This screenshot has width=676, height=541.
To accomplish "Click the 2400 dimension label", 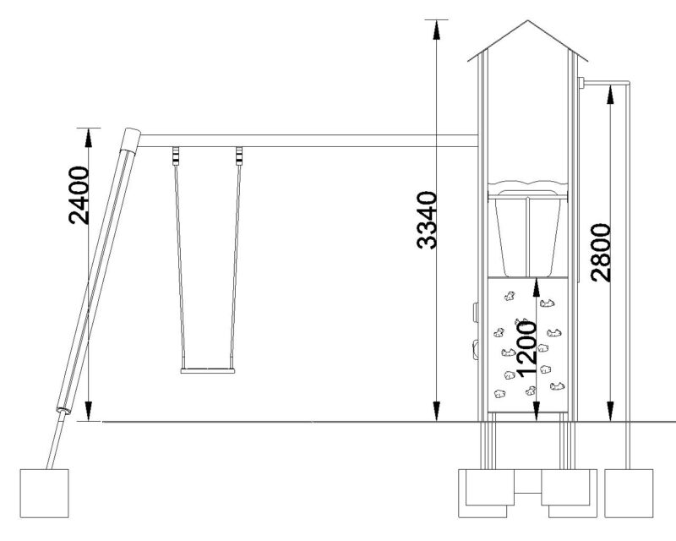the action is (79, 195).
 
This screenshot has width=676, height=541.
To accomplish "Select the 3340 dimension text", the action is (427, 220).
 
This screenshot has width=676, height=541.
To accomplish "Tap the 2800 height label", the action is (601, 253).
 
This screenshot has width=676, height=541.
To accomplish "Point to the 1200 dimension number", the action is (526, 348).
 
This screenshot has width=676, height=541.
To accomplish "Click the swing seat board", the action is (208, 370).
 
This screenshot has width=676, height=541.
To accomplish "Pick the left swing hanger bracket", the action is (176, 156).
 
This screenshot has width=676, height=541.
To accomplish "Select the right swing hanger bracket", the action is (239, 156).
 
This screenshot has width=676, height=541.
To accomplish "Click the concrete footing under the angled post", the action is (45, 493).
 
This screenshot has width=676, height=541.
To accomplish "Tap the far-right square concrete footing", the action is (629, 493).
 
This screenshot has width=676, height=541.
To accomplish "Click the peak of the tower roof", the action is (527, 20).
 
